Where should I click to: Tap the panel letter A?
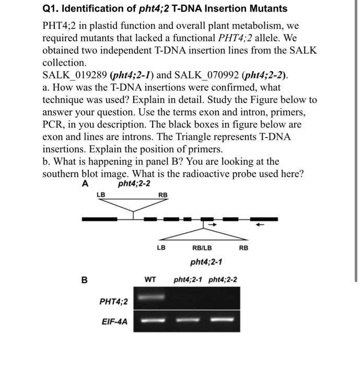85,184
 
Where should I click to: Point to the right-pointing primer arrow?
212,225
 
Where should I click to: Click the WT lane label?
150,280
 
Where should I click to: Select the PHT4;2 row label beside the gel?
113,302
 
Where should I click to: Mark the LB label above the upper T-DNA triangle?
101,196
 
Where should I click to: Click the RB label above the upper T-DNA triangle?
163,196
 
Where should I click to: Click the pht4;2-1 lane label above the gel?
189,280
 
